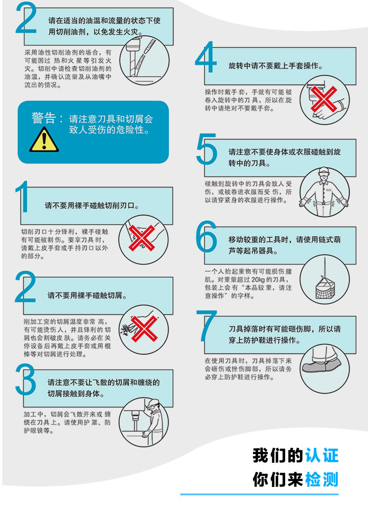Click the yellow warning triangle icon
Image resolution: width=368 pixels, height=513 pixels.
coord(44,140)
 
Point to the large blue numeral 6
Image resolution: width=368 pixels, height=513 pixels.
coord(206,236)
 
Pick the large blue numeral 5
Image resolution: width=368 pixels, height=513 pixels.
coord(206,149)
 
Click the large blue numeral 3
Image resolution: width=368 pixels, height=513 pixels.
coord(26,380)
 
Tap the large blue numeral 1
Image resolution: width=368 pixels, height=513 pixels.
coord(22,196)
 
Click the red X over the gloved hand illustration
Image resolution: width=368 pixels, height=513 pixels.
coord(324,99)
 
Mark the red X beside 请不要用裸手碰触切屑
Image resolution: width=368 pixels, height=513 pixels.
coord(144,328)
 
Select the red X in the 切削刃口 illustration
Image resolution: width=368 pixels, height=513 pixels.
coord(142,238)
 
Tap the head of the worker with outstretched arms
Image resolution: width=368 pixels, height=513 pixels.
coord(323,173)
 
